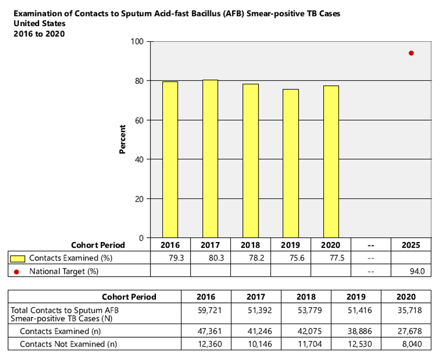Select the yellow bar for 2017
pos(210,159)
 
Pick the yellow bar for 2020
pos(331,162)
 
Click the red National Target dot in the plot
pos(411,53)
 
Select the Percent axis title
pos(122,140)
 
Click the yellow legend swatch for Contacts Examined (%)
pos(18,258)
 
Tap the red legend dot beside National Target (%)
pos(17,271)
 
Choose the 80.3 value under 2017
pos(217,258)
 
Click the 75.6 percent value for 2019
pos(297,258)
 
